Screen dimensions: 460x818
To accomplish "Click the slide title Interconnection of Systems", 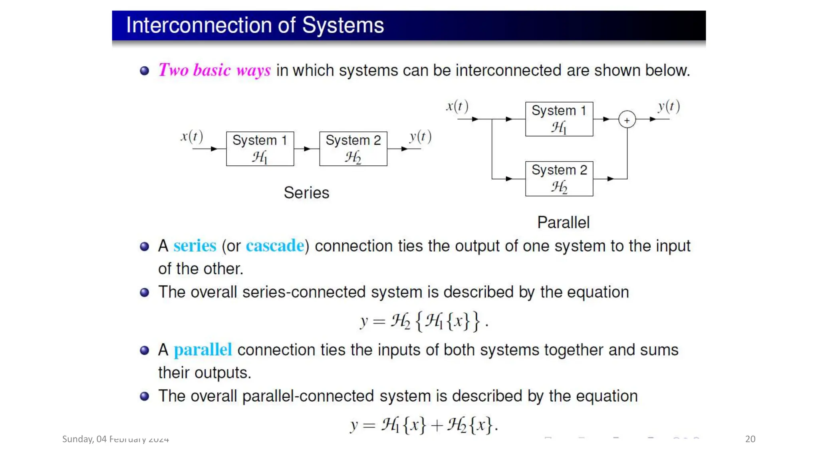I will pos(255,25).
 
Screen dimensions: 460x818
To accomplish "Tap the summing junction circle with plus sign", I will pos(627,119).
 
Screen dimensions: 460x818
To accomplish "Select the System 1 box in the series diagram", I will pos(260,149).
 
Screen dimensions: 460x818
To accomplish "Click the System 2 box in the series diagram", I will pos(353,149).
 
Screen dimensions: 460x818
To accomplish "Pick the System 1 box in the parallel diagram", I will pos(559,119).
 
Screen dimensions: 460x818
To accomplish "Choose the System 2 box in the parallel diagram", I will pos(559,178).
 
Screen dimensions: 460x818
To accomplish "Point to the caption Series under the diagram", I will pos(306,193).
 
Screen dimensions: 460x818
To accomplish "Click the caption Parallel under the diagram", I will pos(563,222).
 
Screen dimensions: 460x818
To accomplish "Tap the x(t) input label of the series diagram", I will pos(192,137).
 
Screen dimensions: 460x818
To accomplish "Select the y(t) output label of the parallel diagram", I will pos(669,107).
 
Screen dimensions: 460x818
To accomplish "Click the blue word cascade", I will pos(275,246).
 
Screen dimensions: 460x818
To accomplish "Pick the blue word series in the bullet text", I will pos(195,246).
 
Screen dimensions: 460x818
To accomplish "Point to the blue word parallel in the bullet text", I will pos(203,350).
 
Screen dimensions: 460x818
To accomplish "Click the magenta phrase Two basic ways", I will pos(214,70).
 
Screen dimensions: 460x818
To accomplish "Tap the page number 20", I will pos(750,439).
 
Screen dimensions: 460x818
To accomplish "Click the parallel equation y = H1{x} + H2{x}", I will pos(424,425).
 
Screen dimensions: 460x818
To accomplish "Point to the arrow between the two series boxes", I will pos(306,149).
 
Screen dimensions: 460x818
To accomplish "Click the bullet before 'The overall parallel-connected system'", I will pos(145,396).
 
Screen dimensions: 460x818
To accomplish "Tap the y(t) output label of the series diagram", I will pos(420,137).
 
